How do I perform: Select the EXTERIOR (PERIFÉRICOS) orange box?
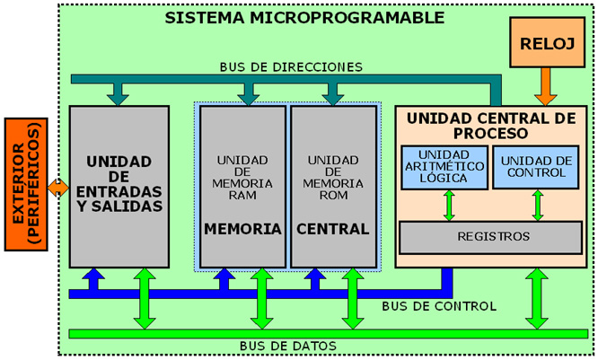(x=24, y=186)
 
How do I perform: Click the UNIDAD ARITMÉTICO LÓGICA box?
(x=442, y=166)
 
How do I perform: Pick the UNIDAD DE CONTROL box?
(x=537, y=166)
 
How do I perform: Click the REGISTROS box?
(x=490, y=237)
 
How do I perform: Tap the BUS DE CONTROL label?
(x=438, y=306)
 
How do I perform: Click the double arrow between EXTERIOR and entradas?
(x=57, y=187)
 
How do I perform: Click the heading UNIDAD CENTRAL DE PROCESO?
(x=490, y=125)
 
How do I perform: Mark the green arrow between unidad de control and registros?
(x=538, y=204)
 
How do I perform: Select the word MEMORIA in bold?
(x=242, y=229)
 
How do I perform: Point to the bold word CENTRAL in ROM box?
(x=333, y=229)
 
